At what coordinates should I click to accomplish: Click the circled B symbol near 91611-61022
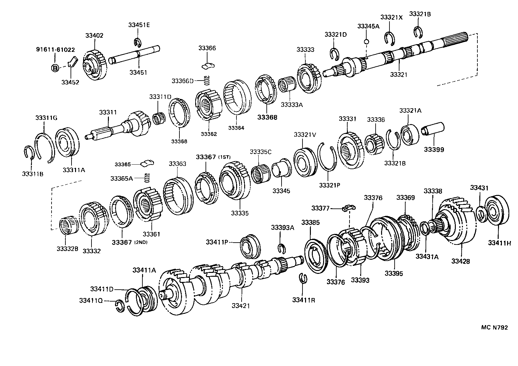coord(55,68)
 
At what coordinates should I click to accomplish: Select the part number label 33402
coord(94,35)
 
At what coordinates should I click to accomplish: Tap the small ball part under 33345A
coord(366,41)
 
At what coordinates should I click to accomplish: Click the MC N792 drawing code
coord(494,328)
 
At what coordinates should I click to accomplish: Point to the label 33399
coord(434,149)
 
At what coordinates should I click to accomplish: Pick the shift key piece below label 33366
coord(208,66)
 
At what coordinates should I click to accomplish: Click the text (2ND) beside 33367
coord(140,242)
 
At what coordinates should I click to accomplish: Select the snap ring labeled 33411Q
coord(120,306)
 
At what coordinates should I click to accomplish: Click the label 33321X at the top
coord(391,18)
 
